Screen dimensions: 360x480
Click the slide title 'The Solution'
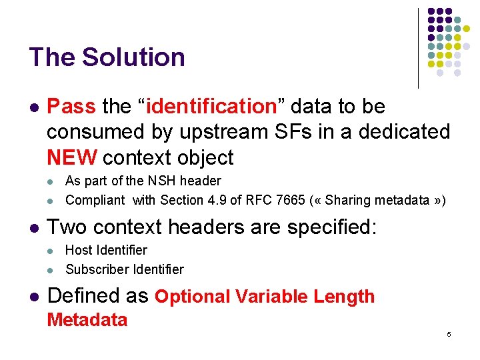pos(107,57)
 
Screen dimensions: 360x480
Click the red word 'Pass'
pos(71,107)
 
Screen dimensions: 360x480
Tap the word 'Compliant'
pos(95,200)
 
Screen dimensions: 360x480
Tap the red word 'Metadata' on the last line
pos(87,320)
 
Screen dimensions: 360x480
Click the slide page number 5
pos(449,334)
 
